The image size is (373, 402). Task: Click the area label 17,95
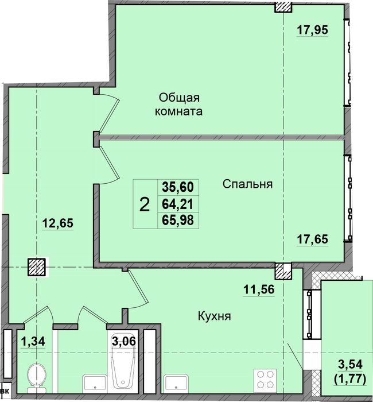click(x=312, y=30)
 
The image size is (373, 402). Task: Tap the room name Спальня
click(x=247, y=184)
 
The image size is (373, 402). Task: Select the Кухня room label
click(x=215, y=316)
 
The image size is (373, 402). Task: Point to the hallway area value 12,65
click(x=57, y=223)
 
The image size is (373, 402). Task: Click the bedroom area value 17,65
click(x=312, y=239)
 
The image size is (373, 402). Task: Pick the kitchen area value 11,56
click(x=259, y=289)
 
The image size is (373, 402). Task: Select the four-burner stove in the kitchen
click(x=265, y=379)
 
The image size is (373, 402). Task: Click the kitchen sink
click(x=176, y=384)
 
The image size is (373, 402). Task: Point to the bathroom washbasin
click(x=95, y=384)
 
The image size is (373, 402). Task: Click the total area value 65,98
click(x=178, y=220)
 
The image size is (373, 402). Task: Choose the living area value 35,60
click(x=178, y=187)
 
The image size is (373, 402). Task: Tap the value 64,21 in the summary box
click(x=177, y=204)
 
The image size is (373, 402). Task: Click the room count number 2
click(x=145, y=205)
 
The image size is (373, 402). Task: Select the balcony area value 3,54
click(x=350, y=364)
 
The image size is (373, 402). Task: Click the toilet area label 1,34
click(x=33, y=342)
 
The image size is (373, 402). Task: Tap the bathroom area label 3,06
click(x=124, y=341)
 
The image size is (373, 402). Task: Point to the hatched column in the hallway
click(x=37, y=267)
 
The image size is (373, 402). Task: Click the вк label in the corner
click(x=5, y=392)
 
